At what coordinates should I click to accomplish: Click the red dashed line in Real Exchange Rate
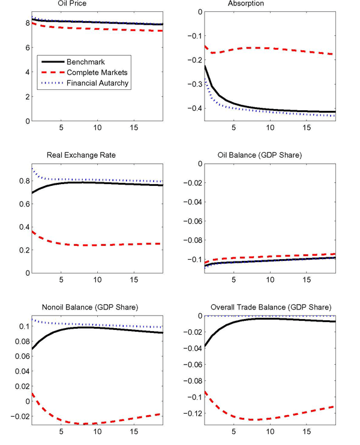[x=90, y=245]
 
